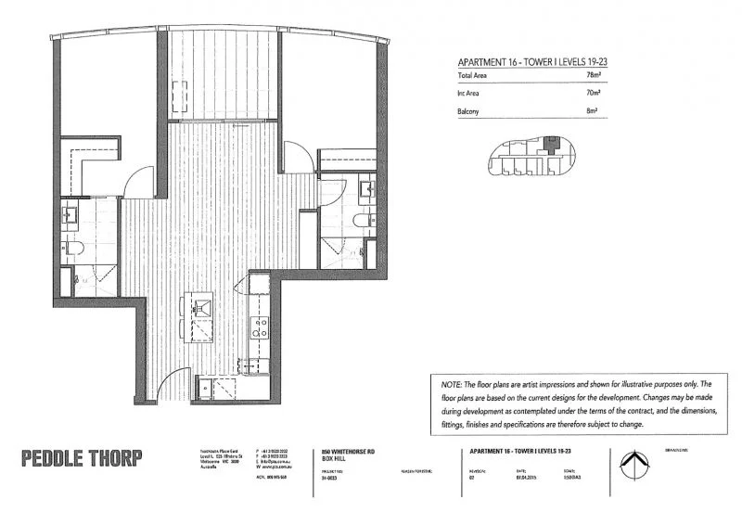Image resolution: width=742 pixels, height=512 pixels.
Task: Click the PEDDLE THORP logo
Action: click(x=82, y=456)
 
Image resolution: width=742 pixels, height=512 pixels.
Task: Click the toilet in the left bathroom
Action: click(x=73, y=248)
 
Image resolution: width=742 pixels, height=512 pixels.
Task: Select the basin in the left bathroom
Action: click(x=71, y=216)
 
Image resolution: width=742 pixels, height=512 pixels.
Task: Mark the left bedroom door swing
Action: click(x=136, y=183)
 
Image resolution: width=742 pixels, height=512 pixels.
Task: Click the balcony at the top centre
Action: click(x=223, y=74)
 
